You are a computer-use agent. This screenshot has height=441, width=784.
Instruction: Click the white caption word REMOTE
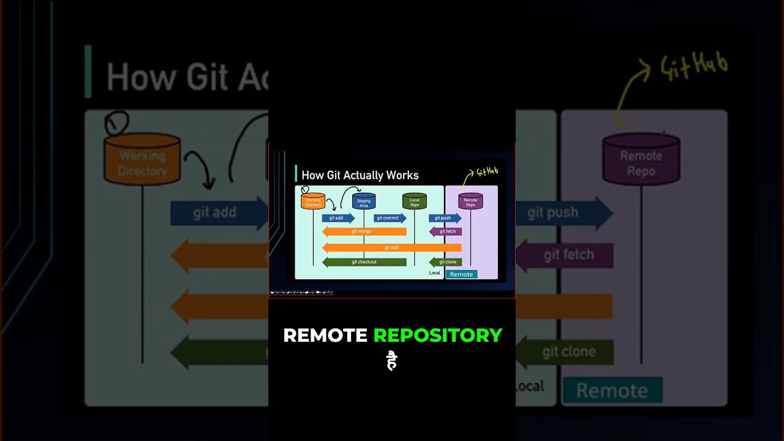pyautogui.click(x=325, y=336)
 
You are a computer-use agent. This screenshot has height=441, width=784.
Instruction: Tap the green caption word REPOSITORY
pyautogui.click(x=438, y=336)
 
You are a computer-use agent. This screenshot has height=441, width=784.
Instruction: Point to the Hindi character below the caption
pyautogui.click(x=392, y=361)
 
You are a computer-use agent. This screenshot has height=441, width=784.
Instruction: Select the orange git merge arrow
pyautogui.click(x=364, y=232)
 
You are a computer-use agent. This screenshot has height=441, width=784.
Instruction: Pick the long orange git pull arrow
pyautogui.click(x=391, y=247)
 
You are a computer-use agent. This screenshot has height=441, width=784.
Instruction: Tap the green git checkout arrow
pyautogui.click(x=364, y=262)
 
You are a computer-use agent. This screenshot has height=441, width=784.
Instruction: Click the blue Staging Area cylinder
pyautogui.click(x=364, y=201)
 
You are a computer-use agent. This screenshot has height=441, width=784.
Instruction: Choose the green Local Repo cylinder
pyautogui.click(x=415, y=201)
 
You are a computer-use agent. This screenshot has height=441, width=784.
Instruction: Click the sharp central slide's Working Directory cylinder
pyautogui.click(x=313, y=201)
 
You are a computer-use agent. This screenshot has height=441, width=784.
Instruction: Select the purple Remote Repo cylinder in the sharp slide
pyautogui.click(x=470, y=201)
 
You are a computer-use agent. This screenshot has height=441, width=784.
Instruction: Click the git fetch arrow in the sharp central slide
pyautogui.click(x=446, y=232)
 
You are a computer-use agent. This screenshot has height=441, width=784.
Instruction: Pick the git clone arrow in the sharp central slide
pyautogui.click(x=446, y=262)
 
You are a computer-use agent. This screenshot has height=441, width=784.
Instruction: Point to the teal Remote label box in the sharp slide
pyautogui.click(x=461, y=274)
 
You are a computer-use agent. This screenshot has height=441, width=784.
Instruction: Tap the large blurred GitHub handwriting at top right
pyautogui.click(x=694, y=66)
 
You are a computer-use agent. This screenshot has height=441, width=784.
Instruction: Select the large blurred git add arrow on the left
pyautogui.click(x=217, y=213)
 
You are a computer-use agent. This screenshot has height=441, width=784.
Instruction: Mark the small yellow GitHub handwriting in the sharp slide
pyautogui.click(x=487, y=173)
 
